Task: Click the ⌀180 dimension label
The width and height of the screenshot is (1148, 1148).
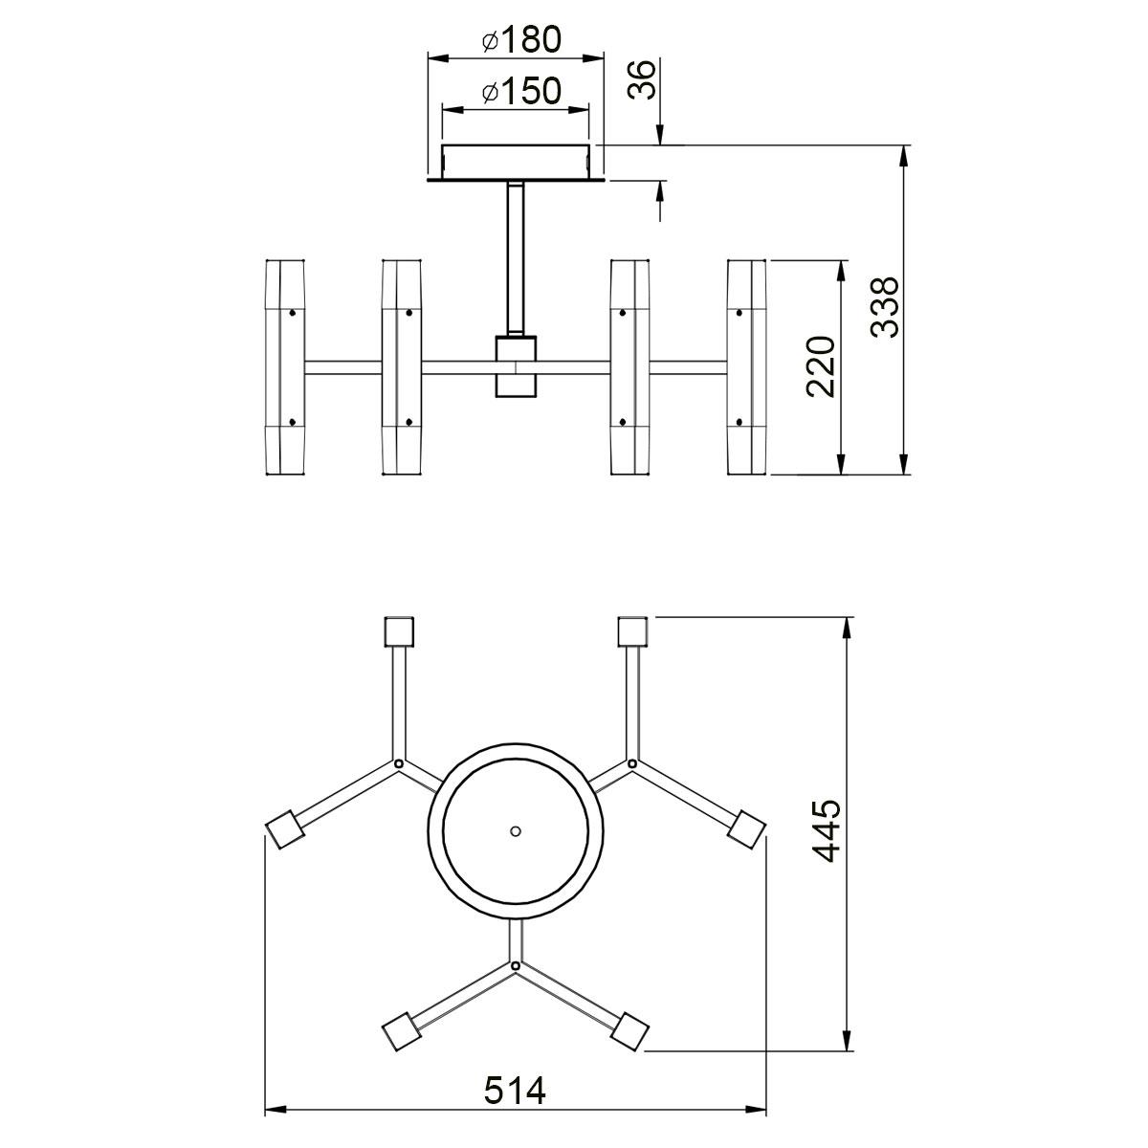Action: coord(522,40)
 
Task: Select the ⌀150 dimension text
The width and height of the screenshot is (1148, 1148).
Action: coord(522,91)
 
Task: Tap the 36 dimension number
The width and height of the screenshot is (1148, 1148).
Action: coord(642,79)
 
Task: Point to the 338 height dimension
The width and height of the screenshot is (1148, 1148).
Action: coord(884,307)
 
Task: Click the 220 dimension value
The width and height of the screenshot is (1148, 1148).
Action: coord(820,367)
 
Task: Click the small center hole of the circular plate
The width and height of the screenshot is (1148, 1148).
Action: coord(516,831)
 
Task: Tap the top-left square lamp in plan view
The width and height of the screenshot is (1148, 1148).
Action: coord(399,631)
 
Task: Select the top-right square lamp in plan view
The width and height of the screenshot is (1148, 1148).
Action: coord(632,631)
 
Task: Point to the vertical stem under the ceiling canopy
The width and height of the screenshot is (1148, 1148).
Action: coord(516,259)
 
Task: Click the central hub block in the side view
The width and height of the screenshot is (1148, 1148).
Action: coord(516,366)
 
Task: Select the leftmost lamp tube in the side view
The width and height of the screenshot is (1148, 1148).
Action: coord(285,367)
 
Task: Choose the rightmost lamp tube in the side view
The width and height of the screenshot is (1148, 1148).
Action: coord(746,367)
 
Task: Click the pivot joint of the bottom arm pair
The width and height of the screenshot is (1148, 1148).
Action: coord(516,965)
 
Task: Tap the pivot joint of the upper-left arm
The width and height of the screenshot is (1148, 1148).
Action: coord(399,763)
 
